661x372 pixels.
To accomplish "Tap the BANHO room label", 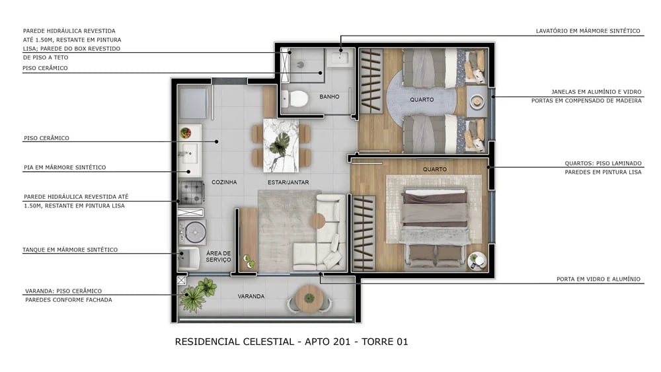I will pos(329,97).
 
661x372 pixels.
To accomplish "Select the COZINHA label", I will pos(224,182).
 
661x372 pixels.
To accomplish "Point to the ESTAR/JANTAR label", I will pos(288,182).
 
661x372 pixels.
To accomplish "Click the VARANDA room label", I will pos(251,297).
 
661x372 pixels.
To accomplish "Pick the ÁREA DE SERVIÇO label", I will pos(218,256).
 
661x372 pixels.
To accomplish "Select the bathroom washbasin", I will pos(342,58).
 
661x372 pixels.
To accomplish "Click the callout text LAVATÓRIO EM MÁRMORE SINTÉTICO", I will pos(588,31).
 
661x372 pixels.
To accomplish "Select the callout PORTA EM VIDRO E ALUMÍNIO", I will pos(598,279).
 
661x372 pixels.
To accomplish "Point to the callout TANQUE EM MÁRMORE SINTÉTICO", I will pos(71,250).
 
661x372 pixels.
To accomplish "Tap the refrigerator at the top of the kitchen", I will pos(193,103).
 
